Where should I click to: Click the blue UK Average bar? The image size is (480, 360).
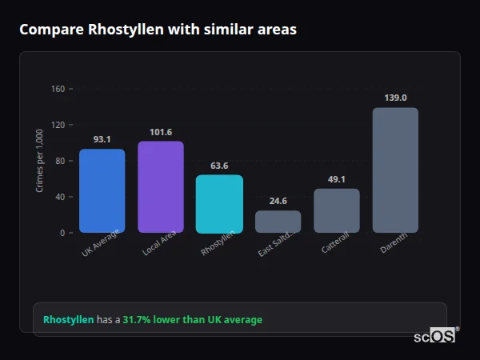(102, 191)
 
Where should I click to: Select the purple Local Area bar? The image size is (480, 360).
(161, 187)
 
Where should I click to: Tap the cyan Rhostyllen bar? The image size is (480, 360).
(219, 204)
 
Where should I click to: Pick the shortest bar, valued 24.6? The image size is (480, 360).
(278, 222)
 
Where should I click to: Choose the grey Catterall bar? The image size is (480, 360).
(337, 210)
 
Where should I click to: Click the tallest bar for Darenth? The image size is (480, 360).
(395, 170)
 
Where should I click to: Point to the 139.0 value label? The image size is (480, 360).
(395, 98)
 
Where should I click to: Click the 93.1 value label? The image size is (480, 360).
(102, 139)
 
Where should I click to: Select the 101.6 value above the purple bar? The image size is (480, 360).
(161, 131)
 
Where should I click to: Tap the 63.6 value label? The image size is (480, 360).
(219, 166)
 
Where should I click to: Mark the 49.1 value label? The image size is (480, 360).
(337, 179)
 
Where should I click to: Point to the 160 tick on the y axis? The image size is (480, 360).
(58, 89)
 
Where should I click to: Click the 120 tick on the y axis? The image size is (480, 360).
(58, 125)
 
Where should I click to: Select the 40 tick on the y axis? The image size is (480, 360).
(60, 197)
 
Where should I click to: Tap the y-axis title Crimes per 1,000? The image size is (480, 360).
(39, 161)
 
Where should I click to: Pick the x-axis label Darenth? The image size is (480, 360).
(393, 245)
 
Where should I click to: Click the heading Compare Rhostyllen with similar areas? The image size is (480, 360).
(158, 30)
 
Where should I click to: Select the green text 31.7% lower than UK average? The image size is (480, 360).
(192, 320)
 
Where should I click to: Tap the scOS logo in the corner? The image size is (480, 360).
(434, 337)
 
